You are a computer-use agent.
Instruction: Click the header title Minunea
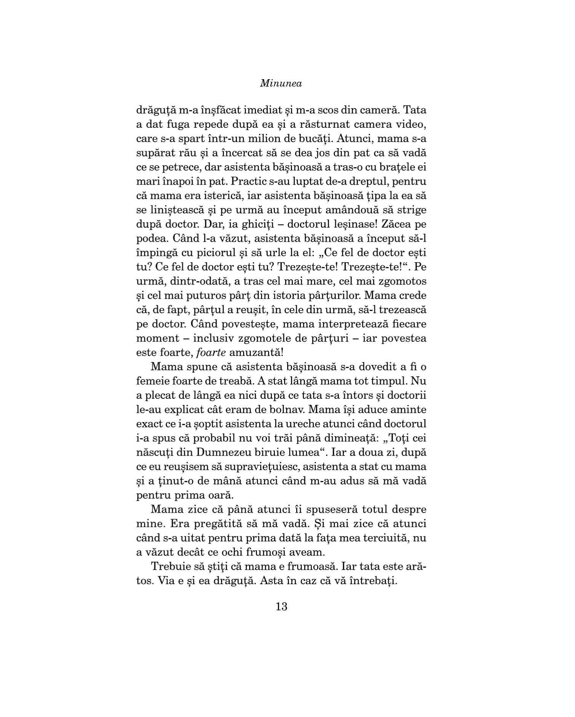coord(281,84)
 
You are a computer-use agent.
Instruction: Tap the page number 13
coord(281,606)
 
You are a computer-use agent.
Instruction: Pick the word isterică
coord(225,196)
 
